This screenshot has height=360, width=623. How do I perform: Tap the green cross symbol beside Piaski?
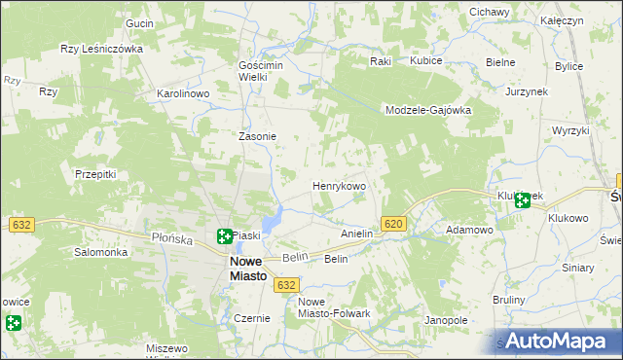point(224,234)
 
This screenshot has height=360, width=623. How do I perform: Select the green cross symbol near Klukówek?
point(523,200)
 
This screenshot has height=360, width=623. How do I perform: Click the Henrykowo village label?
point(339,185)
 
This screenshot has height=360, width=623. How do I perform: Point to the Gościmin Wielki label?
point(259,70)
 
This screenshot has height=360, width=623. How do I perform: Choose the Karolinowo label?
point(184,94)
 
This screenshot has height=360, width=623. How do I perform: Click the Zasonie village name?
point(258,137)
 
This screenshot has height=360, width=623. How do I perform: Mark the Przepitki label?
point(95,174)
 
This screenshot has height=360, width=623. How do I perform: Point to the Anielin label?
point(357,234)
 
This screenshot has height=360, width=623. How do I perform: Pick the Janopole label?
point(447,320)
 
